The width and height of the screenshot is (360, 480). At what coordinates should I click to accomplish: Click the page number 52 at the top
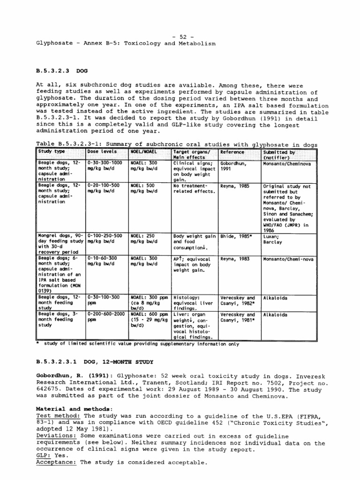[x=180, y=36]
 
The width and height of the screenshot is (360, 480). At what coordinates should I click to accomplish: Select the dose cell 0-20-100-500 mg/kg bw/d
[x=104, y=189]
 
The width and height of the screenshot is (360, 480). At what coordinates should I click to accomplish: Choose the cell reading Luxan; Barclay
[x=273, y=239]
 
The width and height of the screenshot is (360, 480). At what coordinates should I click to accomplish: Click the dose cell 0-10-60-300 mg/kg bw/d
[x=104, y=261]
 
